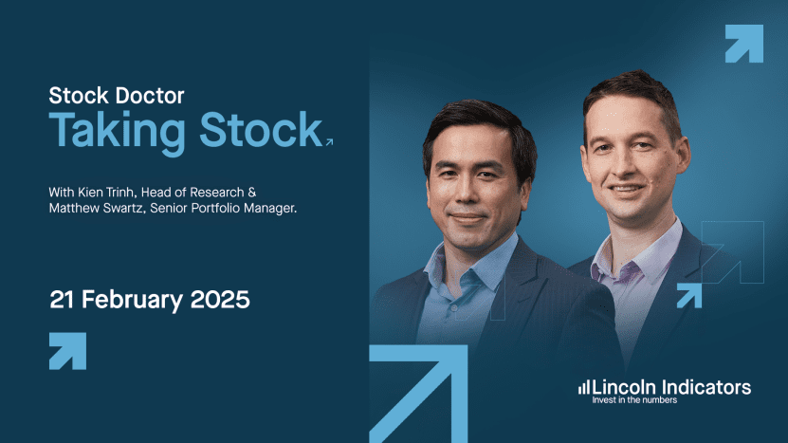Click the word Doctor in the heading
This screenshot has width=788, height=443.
[150, 96]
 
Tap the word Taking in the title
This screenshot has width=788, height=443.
[117, 132]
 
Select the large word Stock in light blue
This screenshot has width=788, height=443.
[261, 129]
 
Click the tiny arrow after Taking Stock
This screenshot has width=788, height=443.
[329, 142]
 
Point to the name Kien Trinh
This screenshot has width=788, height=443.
[106, 192]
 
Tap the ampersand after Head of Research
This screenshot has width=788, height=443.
[252, 192]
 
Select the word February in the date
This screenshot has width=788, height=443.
[132, 300]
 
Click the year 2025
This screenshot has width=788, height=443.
[220, 300]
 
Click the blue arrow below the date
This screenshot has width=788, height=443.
[68, 351]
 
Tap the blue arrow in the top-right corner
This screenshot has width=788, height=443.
[743, 44]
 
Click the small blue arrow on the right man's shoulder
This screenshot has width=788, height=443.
[689, 295]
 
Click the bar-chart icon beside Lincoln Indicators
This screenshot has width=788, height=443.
[583, 387]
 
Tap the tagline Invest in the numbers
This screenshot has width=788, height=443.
[634, 400]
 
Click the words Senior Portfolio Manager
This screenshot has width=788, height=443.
[224, 208]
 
